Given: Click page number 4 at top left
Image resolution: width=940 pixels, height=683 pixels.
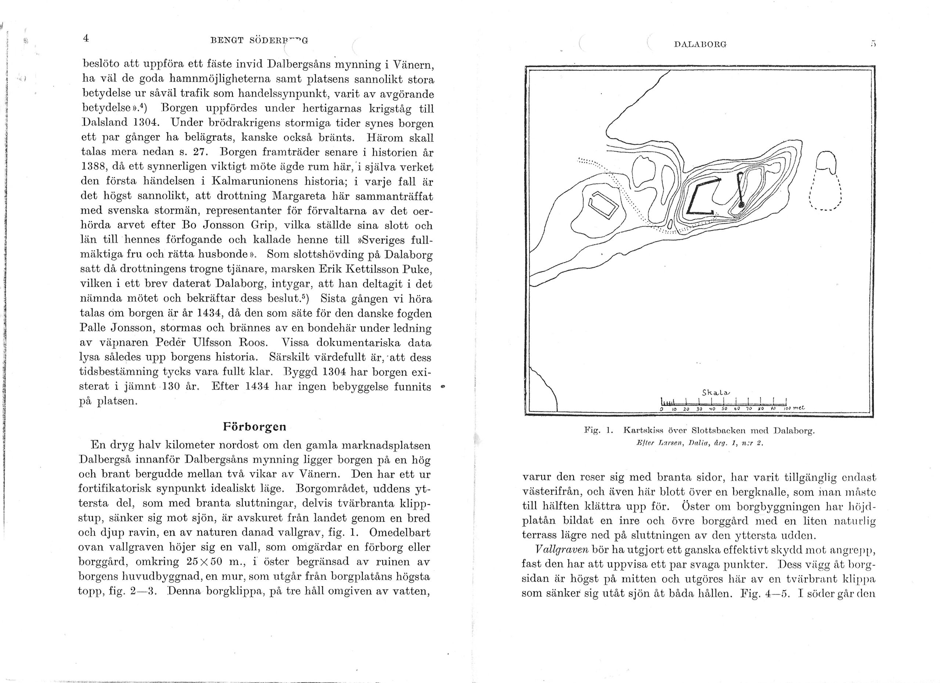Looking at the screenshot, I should pyautogui.click(x=86, y=38).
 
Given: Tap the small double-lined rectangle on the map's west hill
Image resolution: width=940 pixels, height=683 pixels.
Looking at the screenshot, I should pyautogui.click(x=605, y=205).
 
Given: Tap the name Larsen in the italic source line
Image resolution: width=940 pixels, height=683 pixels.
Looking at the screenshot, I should pyautogui.click(x=670, y=443).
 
